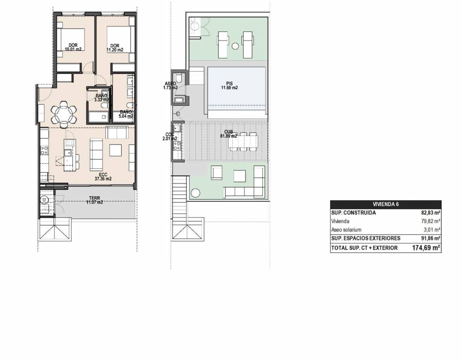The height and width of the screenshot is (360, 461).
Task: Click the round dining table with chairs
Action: point(63,114)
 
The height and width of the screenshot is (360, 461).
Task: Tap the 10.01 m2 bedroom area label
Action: point(73,47)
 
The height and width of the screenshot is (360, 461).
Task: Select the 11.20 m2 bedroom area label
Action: point(115,48)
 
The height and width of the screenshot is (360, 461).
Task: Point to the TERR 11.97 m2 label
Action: point(95,200)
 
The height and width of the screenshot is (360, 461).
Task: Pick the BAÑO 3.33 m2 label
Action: point(101,98)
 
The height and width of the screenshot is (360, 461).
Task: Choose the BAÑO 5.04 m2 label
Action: point(126,114)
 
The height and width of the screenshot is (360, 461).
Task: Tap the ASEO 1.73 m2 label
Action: point(171,85)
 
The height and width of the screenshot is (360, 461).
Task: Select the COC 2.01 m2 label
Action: point(170,137)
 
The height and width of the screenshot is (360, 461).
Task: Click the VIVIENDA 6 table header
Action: point(385,204)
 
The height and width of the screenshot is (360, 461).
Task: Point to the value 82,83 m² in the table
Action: point(430,213)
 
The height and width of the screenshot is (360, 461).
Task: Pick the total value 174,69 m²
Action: point(426,248)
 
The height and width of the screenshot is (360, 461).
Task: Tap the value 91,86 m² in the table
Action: point(430,238)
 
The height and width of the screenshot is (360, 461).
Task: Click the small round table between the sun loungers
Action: point(235,46)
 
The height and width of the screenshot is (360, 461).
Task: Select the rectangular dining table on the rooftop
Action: point(243,142)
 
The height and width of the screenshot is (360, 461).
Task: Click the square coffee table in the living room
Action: point(116,150)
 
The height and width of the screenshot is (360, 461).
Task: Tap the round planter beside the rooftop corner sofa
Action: point(195,193)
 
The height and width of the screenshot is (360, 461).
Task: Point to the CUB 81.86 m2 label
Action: point(228,134)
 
